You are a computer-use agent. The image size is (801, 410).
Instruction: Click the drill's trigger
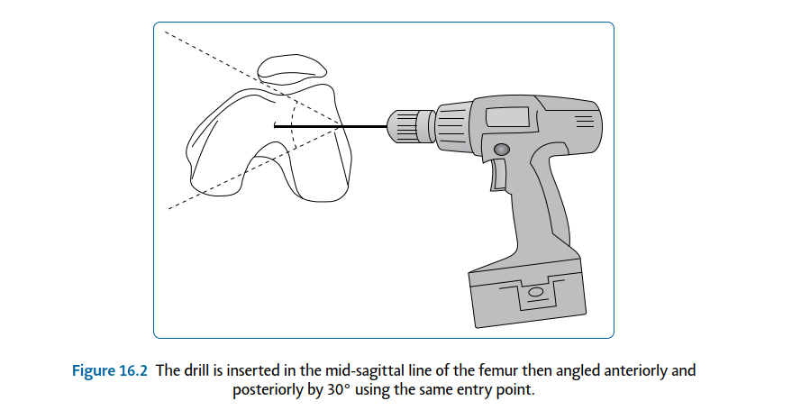tap(495, 176)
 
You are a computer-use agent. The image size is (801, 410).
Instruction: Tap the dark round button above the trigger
tap(502, 149)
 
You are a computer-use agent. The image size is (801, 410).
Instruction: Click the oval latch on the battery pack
tap(535, 291)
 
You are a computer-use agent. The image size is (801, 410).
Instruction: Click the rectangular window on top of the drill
tap(508, 116)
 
